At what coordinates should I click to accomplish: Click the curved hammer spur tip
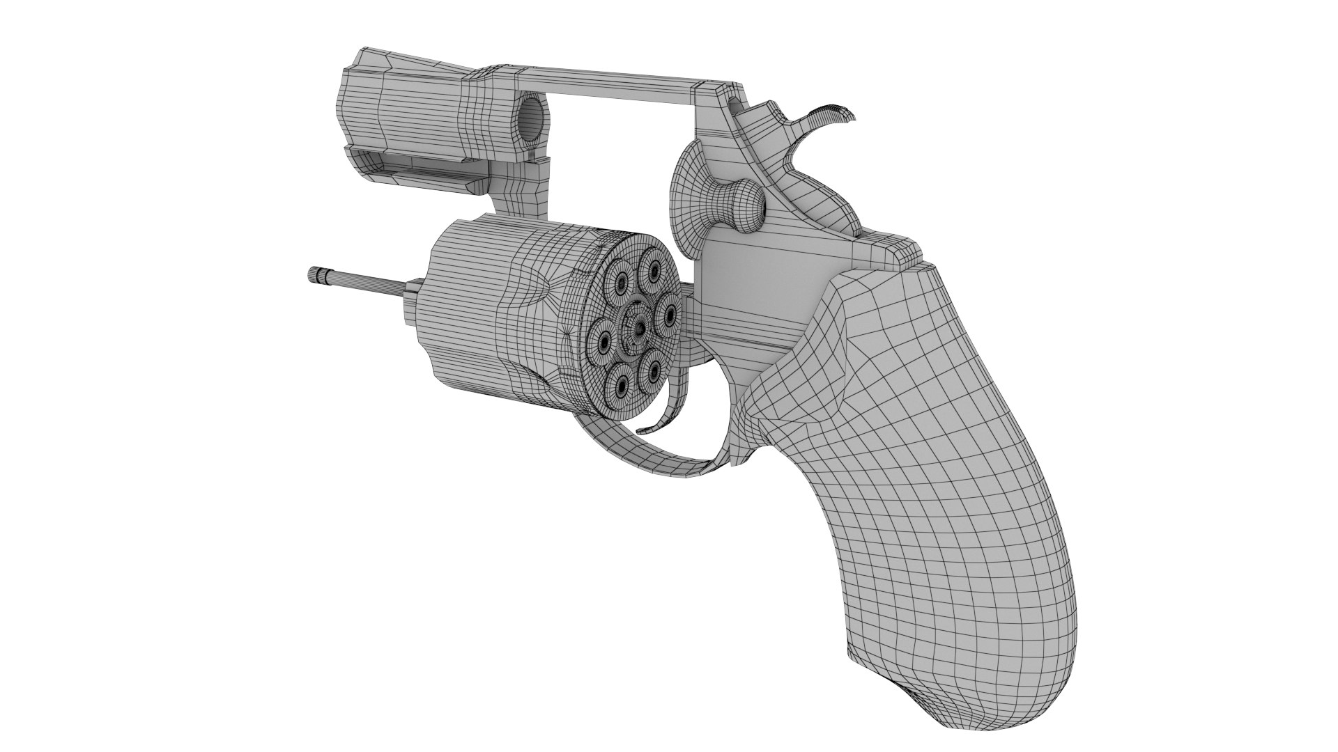pyautogui.click(x=840, y=113)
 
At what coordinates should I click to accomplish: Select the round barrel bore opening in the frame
pyautogui.click(x=532, y=118)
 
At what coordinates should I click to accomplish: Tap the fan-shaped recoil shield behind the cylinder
pyautogui.click(x=690, y=195)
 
